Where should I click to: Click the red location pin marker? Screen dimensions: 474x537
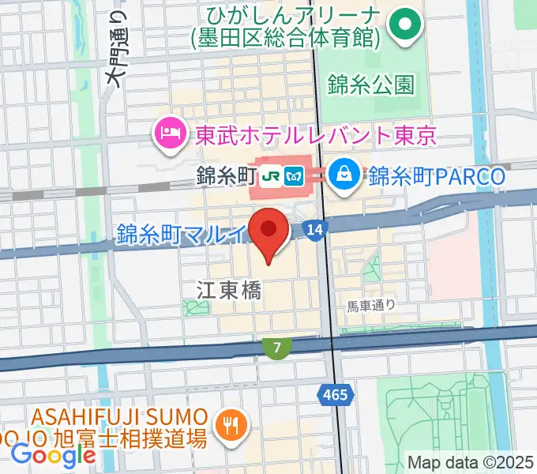(268, 232)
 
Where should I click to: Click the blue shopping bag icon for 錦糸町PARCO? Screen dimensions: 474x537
(344, 175)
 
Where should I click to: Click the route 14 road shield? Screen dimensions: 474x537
(315, 229)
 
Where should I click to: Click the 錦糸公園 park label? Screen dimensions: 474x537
(370, 82)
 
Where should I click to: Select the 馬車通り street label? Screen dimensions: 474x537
(371, 303)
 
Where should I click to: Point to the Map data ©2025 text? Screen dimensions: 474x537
(471, 462)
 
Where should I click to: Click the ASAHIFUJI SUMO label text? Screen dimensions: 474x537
(121, 416)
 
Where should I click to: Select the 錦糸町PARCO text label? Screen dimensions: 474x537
(436, 175)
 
